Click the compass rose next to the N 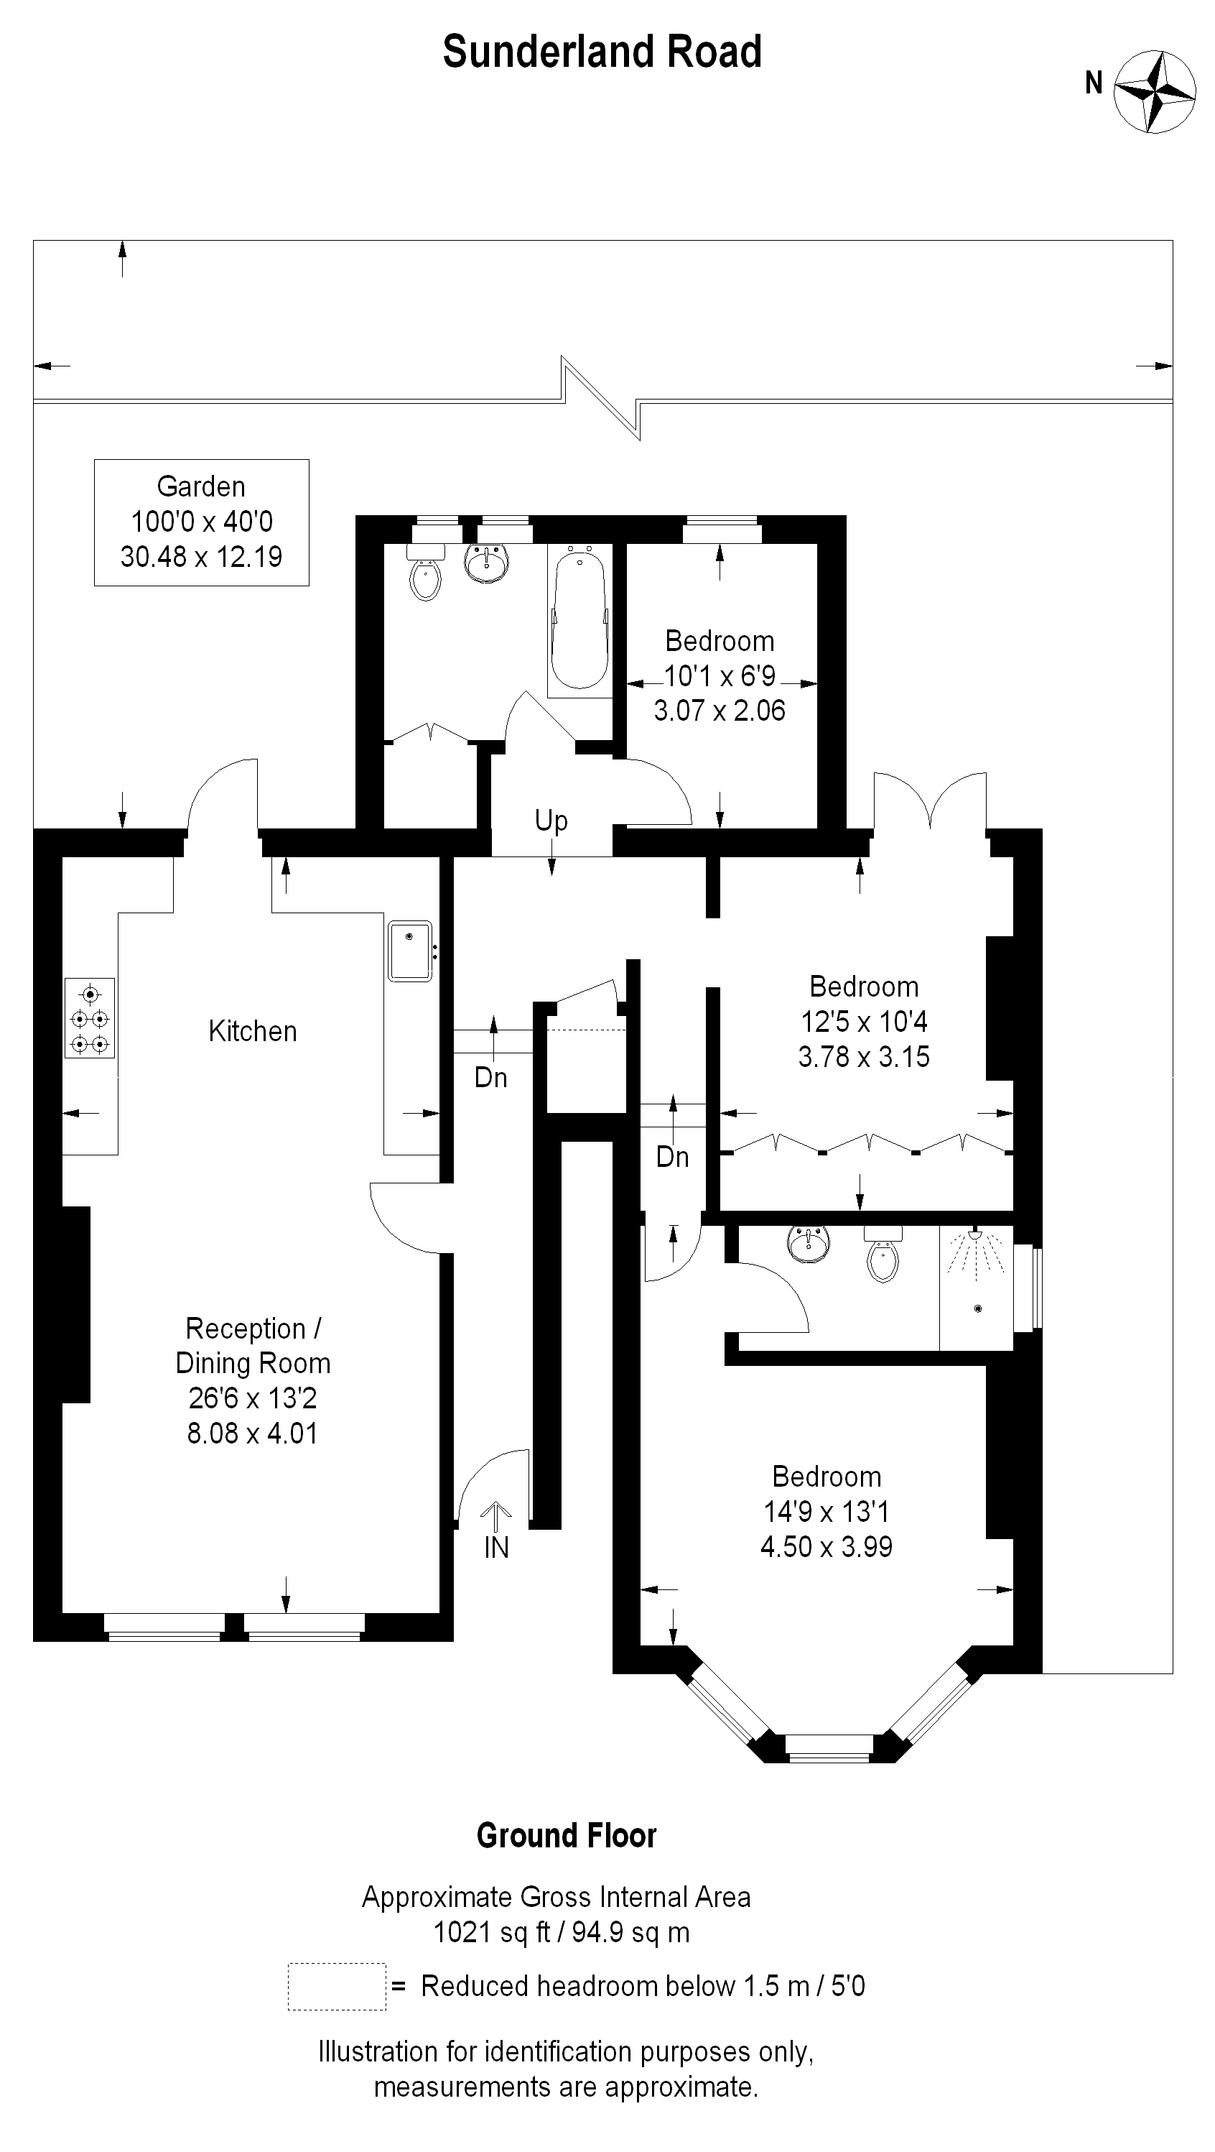[1155, 92]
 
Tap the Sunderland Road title [602, 52]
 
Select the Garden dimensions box [201, 522]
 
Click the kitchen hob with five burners [89, 1018]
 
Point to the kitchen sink [410, 951]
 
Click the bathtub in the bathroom [579, 621]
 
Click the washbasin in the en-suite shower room [809, 1243]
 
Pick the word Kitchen [253, 1031]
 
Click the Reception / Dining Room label [253, 1346]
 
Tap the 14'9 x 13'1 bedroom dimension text [827, 1511]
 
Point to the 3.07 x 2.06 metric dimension [720, 710]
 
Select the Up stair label [551, 821]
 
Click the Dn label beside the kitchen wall [491, 1077]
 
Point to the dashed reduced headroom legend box [337, 1986]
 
